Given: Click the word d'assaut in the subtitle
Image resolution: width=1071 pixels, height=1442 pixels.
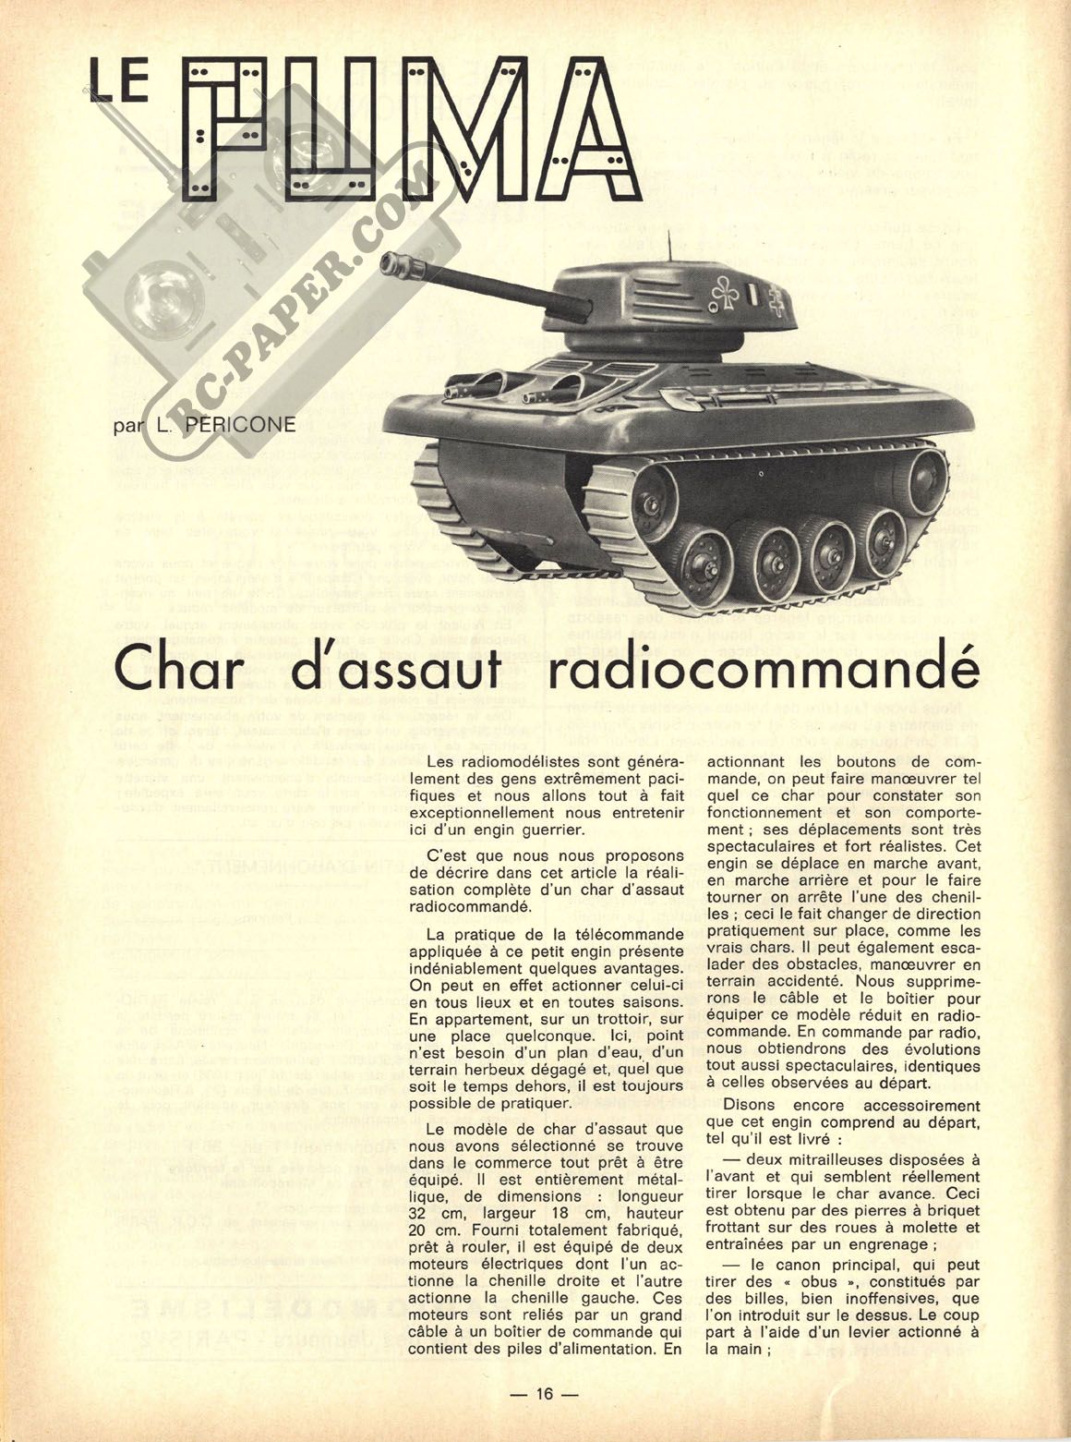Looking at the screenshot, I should pos(403,672).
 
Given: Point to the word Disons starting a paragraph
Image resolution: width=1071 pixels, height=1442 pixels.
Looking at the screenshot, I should pos(752,1106).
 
